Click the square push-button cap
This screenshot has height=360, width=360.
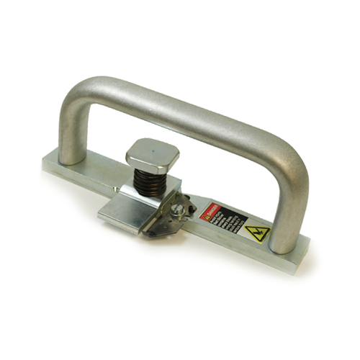coord(152,152)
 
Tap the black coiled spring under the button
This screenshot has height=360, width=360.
coord(152,180)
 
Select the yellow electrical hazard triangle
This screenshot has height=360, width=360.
coord(256,233)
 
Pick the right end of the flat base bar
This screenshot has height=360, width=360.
coord(302,245)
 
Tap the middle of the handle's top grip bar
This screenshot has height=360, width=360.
coord(187,108)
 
